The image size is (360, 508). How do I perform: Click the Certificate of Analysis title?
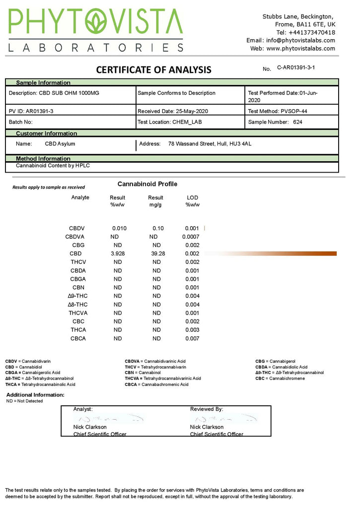pyautogui.click(x=153, y=70)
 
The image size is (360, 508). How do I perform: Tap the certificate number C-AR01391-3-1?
pyautogui.click(x=296, y=67)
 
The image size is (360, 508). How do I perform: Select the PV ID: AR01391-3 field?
pyautogui.click(x=31, y=111)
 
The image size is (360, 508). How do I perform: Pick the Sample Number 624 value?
pyautogui.click(x=297, y=122)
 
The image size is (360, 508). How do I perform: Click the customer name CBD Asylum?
pyautogui.click(x=60, y=144)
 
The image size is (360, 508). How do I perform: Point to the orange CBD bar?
pyautogui.click(x=298, y=254)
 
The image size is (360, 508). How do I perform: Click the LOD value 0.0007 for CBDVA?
pyautogui.click(x=191, y=237)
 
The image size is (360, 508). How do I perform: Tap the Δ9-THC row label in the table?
pyautogui.click(x=78, y=296)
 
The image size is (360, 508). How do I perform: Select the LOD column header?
pyautogui.click(x=192, y=198)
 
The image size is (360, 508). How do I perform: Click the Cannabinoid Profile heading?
pyautogui.click(x=147, y=184)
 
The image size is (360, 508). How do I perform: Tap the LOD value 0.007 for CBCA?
pyautogui.click(x=192, y=338)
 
